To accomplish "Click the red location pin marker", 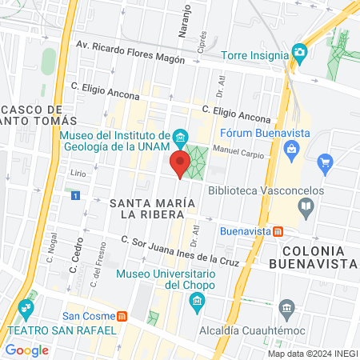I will [180, 165].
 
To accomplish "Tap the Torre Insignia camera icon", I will [300, 55].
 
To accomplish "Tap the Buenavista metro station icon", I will [278, 231].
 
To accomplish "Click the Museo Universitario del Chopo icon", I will [196, 302].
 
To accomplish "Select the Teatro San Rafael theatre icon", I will [27, 308].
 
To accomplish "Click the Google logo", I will [26, 350].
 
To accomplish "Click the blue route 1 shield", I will [75, 195].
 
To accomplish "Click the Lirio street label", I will [78, 172].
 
